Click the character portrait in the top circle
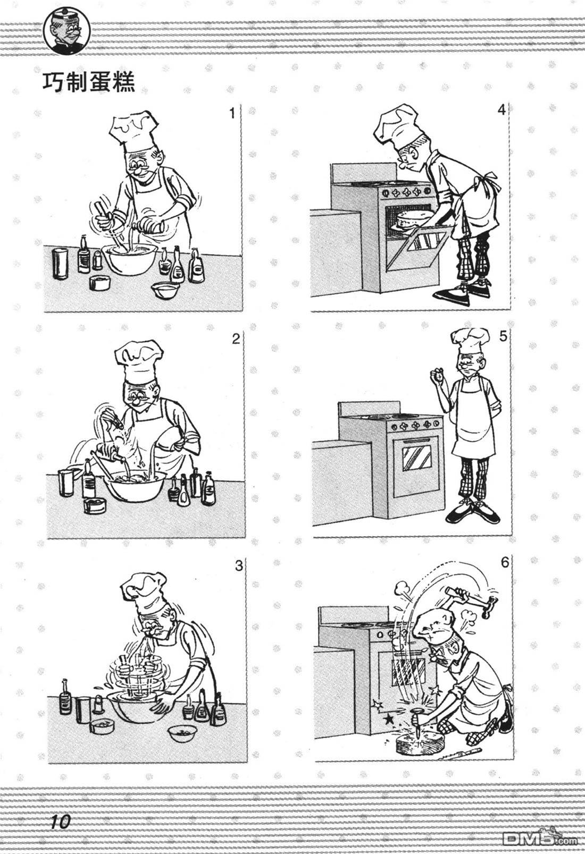click(67, 32)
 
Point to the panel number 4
click(502, 110)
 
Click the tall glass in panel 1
click(60, 264)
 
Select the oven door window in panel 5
click(417, 459)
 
